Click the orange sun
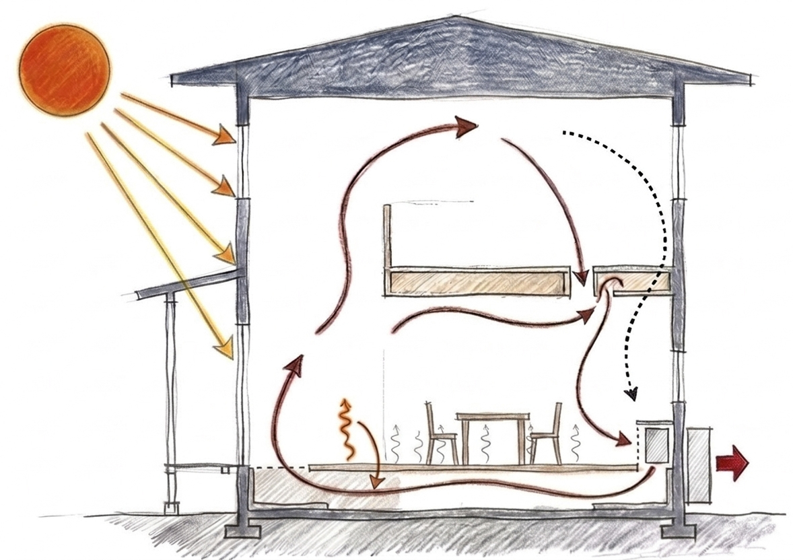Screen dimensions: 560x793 [x=64, y=69]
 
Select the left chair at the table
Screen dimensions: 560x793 [x=440, y=434]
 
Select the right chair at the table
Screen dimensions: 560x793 [x=546, y=434]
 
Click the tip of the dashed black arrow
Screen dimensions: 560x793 [x=631, y=397]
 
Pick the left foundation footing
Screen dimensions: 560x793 [x=242, y=530]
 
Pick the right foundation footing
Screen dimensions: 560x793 [x=678, y=531]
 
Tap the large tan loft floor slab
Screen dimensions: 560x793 [x=475, y=281]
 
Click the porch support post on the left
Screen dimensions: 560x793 [x=171, y=397]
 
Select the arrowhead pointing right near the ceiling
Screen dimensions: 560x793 [x=467, y=126]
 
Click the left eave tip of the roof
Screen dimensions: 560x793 [x=174, y=80]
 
